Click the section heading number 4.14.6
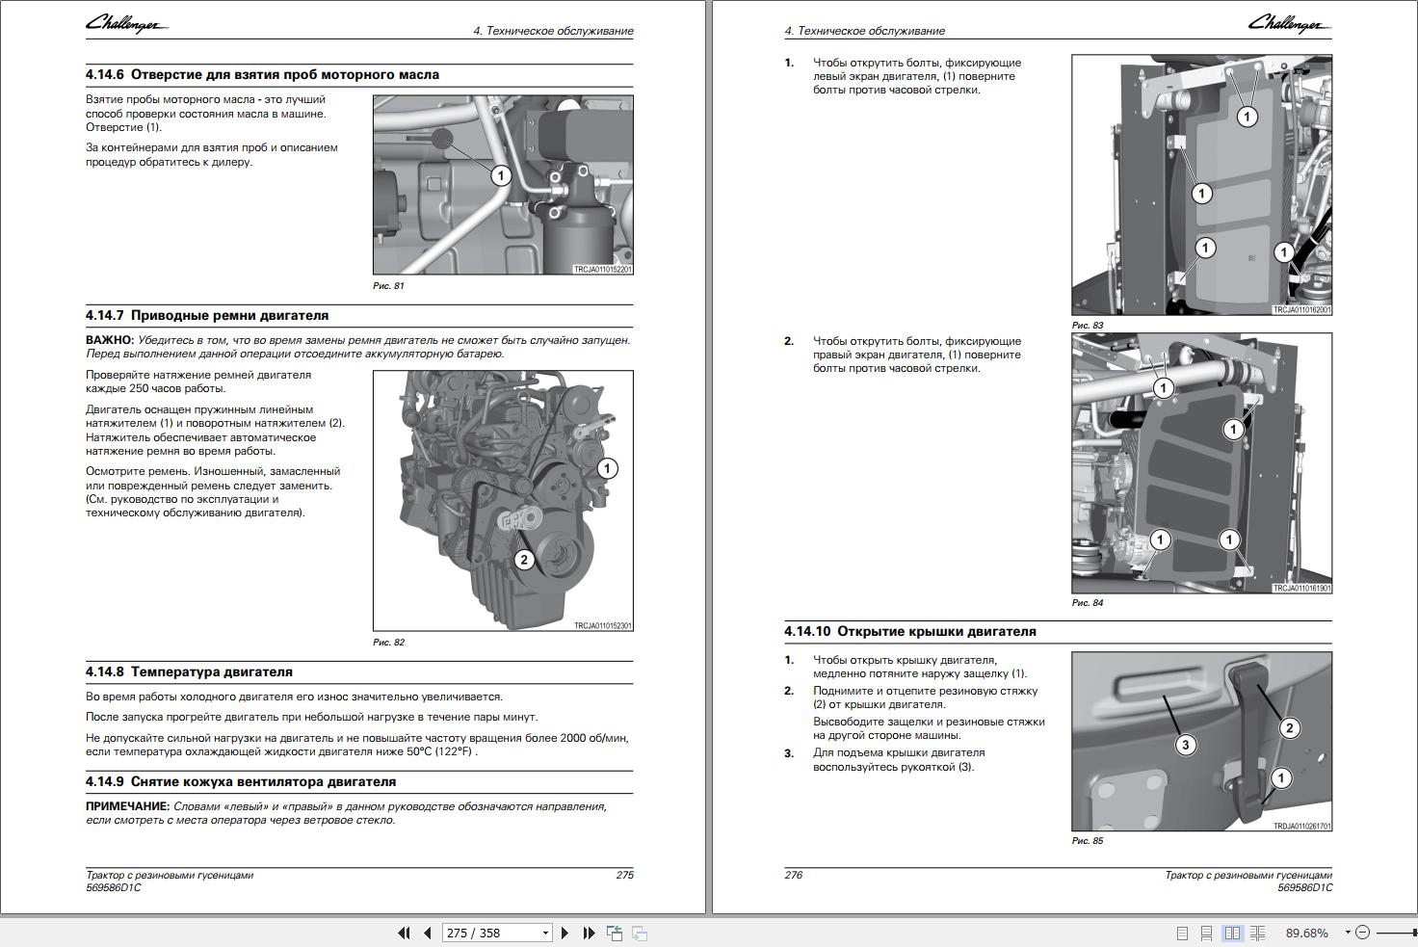click(104, 74)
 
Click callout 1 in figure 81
click(500, 175)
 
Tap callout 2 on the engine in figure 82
click(523, 560)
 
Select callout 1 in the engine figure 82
click(607, 469)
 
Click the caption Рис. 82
click(388, 643)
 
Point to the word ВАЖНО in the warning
click(109, 340)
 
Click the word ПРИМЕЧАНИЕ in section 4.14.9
click(127, 806)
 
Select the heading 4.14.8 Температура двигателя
click(189, 671)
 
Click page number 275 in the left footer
click(624, 875)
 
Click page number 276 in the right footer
click(794, 875)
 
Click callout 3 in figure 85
click(1186, 745)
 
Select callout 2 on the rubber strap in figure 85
click(1289, 728)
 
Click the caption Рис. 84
click(1088, 603)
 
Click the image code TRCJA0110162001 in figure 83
click(1301, 310)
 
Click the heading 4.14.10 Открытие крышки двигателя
click(909, 631)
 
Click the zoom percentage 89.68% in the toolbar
click(1306, 933)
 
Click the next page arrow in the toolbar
click(565, 933)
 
